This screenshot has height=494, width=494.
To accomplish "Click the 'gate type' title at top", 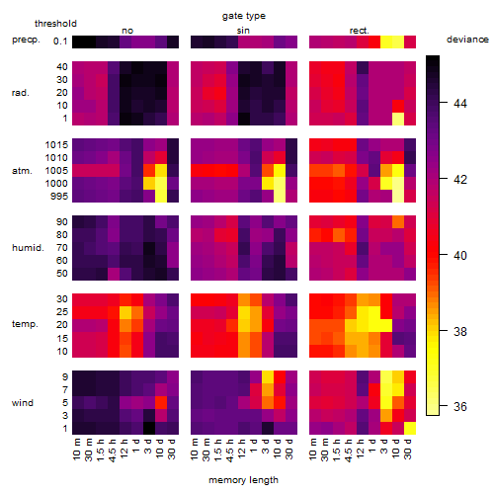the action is (x=244, y=16).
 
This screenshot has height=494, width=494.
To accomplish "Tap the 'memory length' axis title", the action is (x=243, y=480).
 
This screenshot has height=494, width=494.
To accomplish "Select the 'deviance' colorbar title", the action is (x=467, y=40).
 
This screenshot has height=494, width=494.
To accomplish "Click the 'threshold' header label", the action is (x=55, y=24).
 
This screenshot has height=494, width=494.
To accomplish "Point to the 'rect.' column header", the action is (x=360, y=31).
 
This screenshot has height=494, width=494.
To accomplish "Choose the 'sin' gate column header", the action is (x=243, y=31).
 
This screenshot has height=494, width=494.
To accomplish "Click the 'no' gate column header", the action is (x=127, y=31).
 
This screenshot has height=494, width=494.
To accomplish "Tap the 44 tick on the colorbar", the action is (x=460, y=104).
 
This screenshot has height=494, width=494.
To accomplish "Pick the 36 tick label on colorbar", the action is (x=460, y=406).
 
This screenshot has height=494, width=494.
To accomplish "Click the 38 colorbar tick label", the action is (x=460, y=331).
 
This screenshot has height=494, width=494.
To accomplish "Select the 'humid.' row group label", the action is (x=28, y=248).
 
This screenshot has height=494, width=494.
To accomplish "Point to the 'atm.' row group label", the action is (x=22, y=171).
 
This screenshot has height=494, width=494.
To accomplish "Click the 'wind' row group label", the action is (x=23, y=403).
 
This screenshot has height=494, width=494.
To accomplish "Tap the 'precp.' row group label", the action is (x=26, y=40).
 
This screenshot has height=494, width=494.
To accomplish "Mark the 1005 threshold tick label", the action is (x=56, y=171).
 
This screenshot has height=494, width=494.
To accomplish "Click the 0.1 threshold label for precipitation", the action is (x=60, y=41).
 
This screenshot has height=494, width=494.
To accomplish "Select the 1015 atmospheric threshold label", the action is (x=56, y=145).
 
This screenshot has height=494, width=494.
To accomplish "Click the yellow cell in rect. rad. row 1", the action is (x=398, y=119).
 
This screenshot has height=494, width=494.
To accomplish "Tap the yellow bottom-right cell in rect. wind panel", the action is (x=410, y=429).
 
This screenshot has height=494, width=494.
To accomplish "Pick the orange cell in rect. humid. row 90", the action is (x=398, y=222).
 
